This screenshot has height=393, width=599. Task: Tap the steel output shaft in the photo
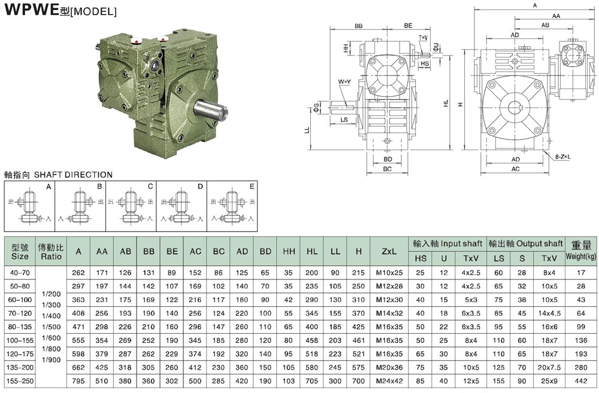tap(210, 110)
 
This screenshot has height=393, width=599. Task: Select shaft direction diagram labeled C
tap(131, 206)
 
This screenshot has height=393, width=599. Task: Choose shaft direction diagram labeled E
tap(232, 206)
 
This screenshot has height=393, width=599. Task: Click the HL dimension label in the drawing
tap(446, 103)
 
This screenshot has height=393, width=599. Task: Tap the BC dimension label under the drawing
tap(388, 169)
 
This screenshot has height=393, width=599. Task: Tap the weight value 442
tap(581, 381)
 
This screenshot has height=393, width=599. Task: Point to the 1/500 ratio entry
tap(51, 327)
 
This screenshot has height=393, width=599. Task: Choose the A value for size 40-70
tap(78, 273)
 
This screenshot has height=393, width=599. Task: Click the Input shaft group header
tap(447, 243)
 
